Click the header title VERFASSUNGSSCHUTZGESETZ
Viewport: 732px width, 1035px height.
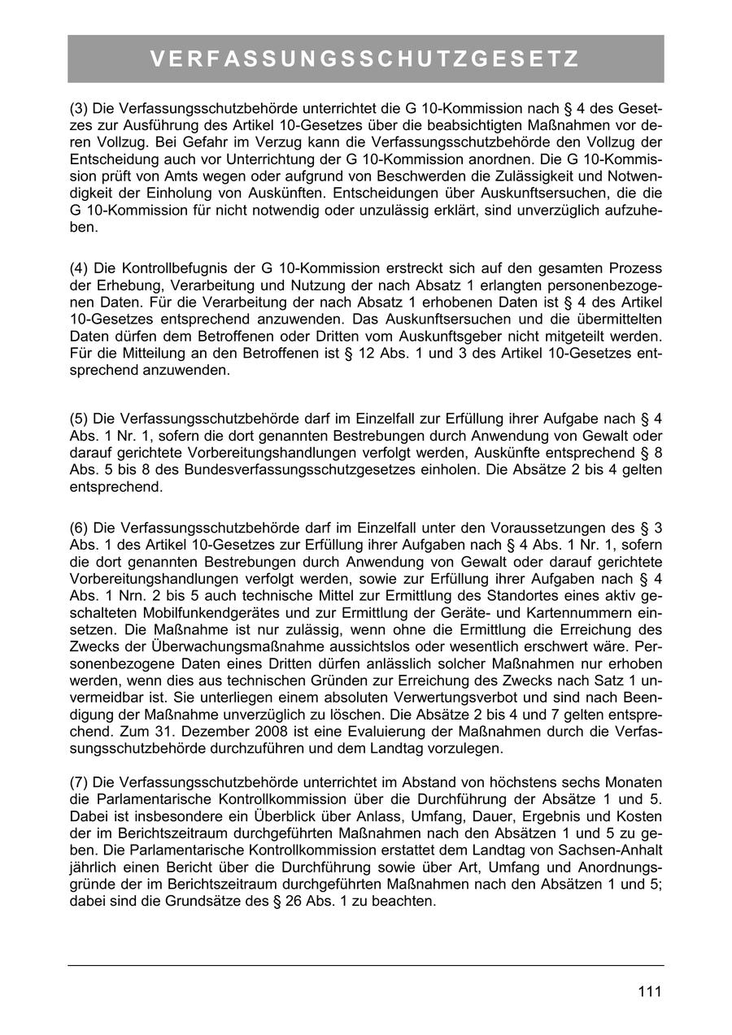point(365,59)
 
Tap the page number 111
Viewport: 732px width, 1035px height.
point(649,991)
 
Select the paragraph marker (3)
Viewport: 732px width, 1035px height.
point(79,109)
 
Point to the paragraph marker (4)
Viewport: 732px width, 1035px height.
point(79,268)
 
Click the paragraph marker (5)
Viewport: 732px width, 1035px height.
point(79,420)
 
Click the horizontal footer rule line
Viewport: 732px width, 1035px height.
point(365,965)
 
